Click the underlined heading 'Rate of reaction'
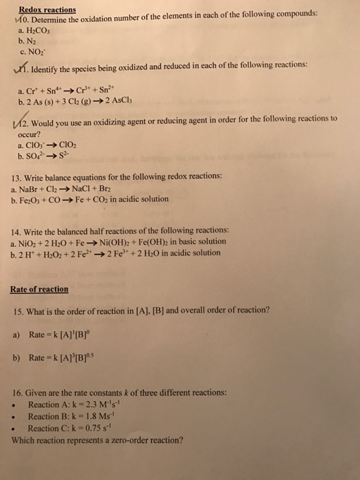40,289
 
